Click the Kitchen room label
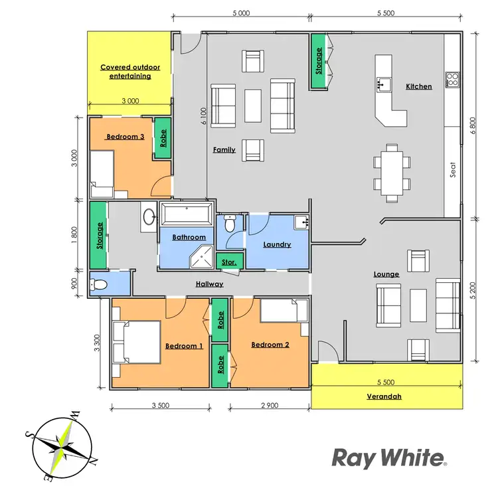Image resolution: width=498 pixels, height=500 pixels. pos(418,86)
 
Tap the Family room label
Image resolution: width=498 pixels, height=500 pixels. pos(224,149)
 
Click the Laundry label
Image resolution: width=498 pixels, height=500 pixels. pos(277,244)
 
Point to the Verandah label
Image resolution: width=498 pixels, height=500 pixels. pos(385,398)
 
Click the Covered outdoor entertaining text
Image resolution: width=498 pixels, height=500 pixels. pos(125,71)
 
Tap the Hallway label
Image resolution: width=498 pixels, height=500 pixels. pos(209,284)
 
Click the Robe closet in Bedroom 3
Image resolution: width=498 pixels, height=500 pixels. pos(163,138)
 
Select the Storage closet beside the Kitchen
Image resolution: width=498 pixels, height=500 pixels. pos(318,60)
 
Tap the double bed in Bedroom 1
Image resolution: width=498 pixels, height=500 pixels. pos(136,341)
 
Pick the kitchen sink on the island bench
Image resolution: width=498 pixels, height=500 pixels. pos(383,83)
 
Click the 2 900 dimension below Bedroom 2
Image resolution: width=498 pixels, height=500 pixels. pos(269,404)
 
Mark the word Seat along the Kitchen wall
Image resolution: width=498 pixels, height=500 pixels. pos(453,171)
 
